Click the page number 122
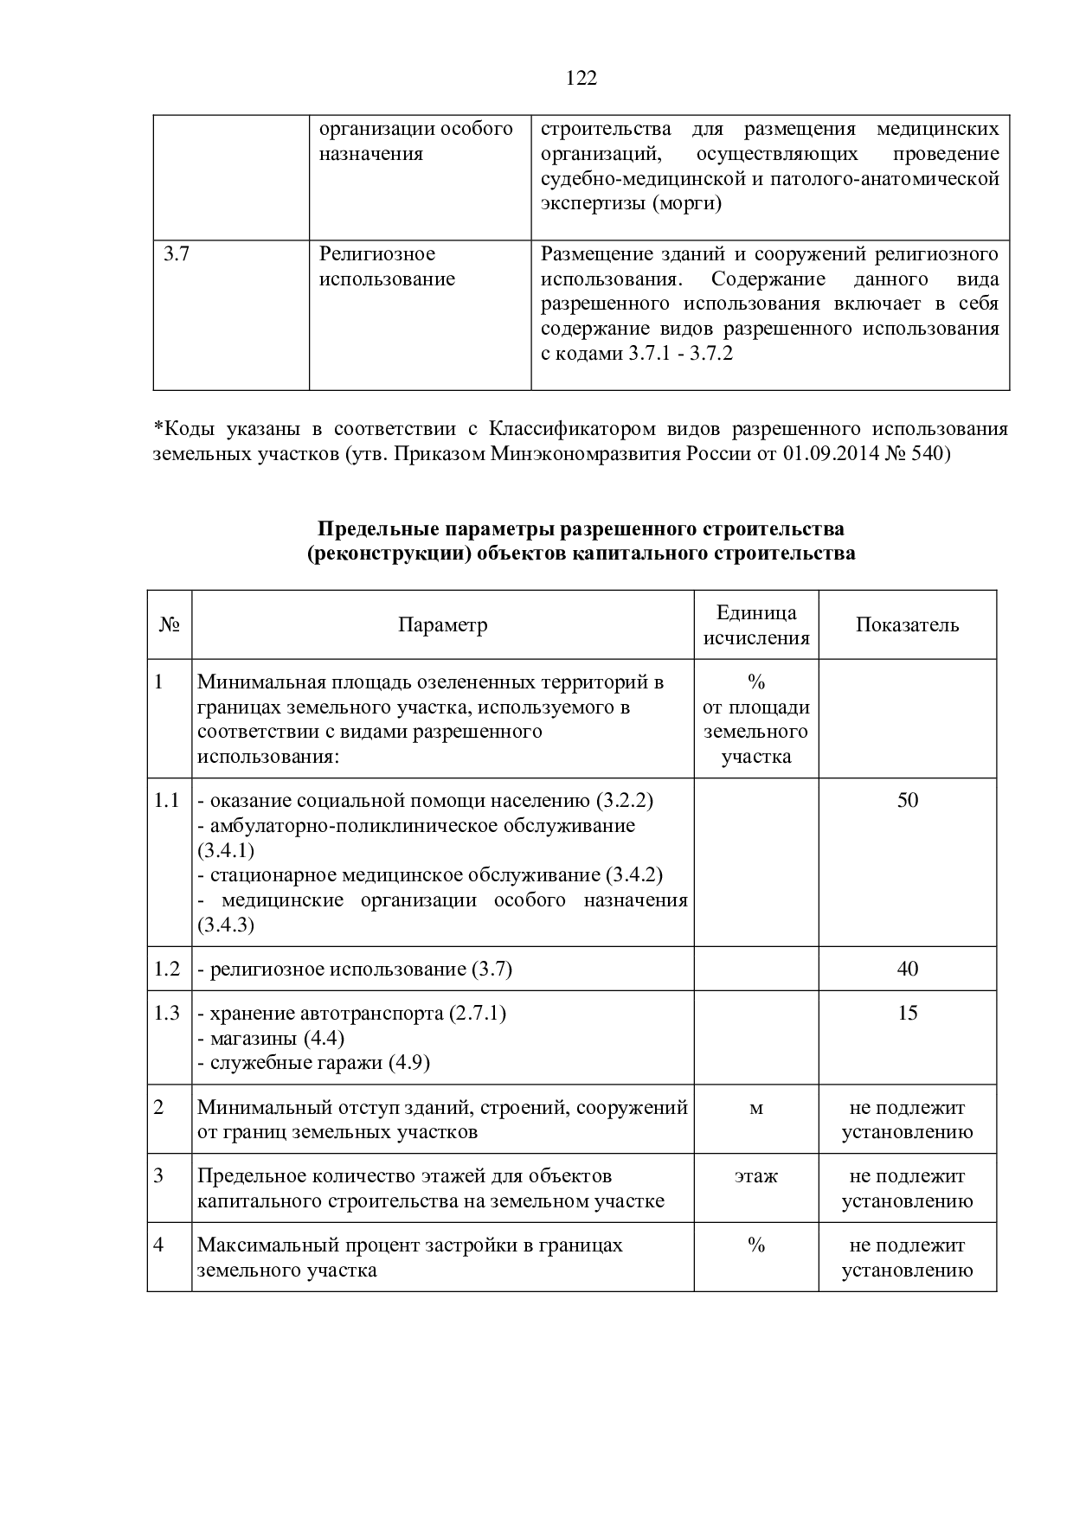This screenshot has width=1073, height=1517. [x=581, y=79]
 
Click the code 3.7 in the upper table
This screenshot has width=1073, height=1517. [x=177, y=254]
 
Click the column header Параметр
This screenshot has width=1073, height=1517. [x=442, y=625]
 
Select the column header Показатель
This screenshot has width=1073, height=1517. [x=907, y=625]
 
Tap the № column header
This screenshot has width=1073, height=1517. [x=170, y=625]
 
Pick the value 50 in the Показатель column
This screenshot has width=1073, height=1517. [x=908, y=800]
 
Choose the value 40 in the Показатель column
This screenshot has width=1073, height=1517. [x=908, y=969]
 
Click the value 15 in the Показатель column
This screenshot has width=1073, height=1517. [x=908, y=1013]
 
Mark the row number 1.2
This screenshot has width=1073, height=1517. [x=167, y=969]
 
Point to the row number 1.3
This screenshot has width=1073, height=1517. [x=167, y=1013]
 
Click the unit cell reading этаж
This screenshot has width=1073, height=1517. [x=756, y=1176]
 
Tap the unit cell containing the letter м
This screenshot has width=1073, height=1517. [x=756, y=1108]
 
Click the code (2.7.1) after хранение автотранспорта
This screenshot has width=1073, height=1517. [x=477, y=1013]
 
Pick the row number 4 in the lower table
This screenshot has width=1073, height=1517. [x=158, y=1245]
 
